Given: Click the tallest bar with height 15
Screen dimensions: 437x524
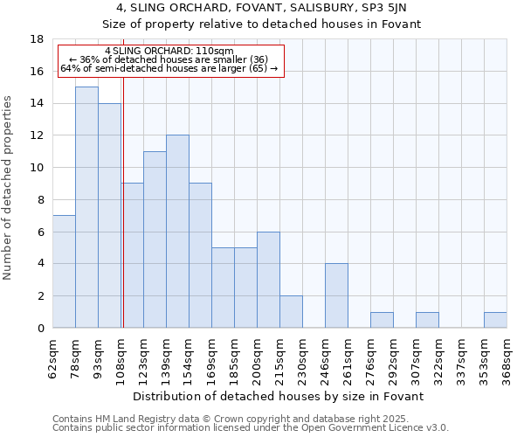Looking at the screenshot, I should (86, 207).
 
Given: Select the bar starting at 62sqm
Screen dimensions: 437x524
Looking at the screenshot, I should (64, 271).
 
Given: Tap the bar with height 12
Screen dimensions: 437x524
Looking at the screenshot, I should (177, 232).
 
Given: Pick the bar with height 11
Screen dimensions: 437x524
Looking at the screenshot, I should (155, 239).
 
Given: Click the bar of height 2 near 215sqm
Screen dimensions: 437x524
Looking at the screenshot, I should (291, 311).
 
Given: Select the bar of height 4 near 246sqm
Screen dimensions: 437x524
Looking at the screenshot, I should (336, 295).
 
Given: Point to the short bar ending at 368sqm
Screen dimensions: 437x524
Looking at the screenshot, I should (495, 320).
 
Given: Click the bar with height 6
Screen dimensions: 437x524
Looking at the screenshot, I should (268, 280).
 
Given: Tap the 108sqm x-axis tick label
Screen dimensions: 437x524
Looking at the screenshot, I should (121, 358).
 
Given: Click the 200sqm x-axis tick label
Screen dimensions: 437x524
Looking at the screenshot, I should (258, 358).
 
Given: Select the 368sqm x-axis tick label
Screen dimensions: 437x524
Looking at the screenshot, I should (507, 358).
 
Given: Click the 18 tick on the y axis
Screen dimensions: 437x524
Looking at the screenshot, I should (37, 39).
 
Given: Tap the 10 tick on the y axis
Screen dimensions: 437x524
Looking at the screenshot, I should (37, 168).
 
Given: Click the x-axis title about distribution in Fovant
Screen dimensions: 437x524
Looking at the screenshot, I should (279, 396).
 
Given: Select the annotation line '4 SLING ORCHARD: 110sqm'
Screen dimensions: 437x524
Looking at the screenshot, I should (169, 52).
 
